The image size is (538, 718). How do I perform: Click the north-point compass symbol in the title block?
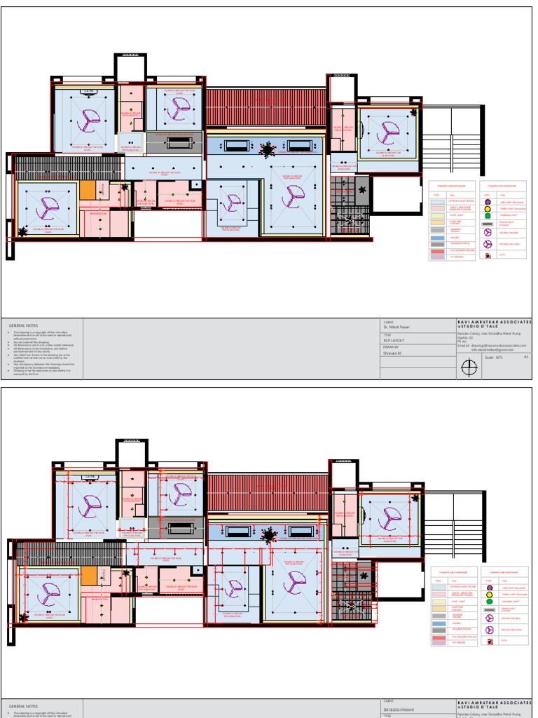469,367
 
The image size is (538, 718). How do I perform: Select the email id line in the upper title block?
490,345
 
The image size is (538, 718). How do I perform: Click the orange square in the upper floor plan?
87,190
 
